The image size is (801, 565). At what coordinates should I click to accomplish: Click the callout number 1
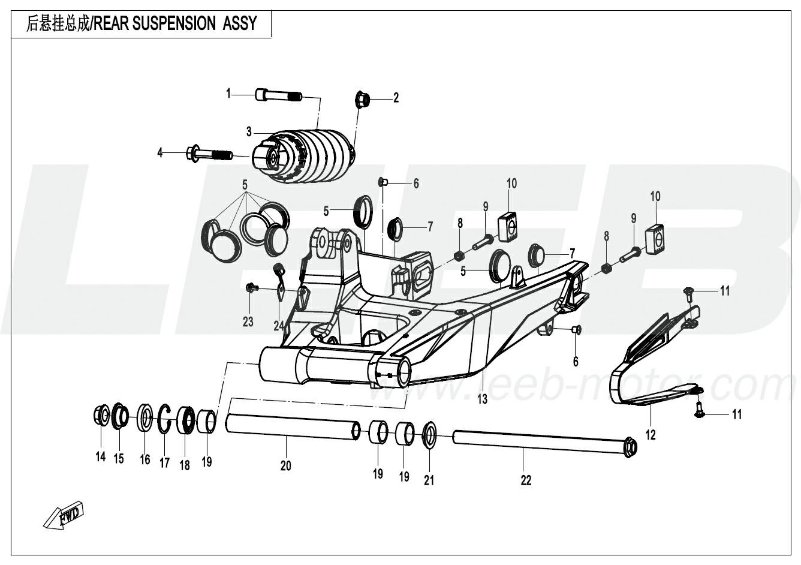228,94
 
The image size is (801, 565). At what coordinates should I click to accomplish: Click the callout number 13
483,398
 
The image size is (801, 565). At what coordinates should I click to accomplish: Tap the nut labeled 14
101,415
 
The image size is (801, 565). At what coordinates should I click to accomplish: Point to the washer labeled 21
429,435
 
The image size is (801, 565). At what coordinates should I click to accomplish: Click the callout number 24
278,326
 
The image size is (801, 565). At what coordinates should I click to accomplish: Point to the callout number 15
119,459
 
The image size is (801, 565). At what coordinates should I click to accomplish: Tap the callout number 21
429,480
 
